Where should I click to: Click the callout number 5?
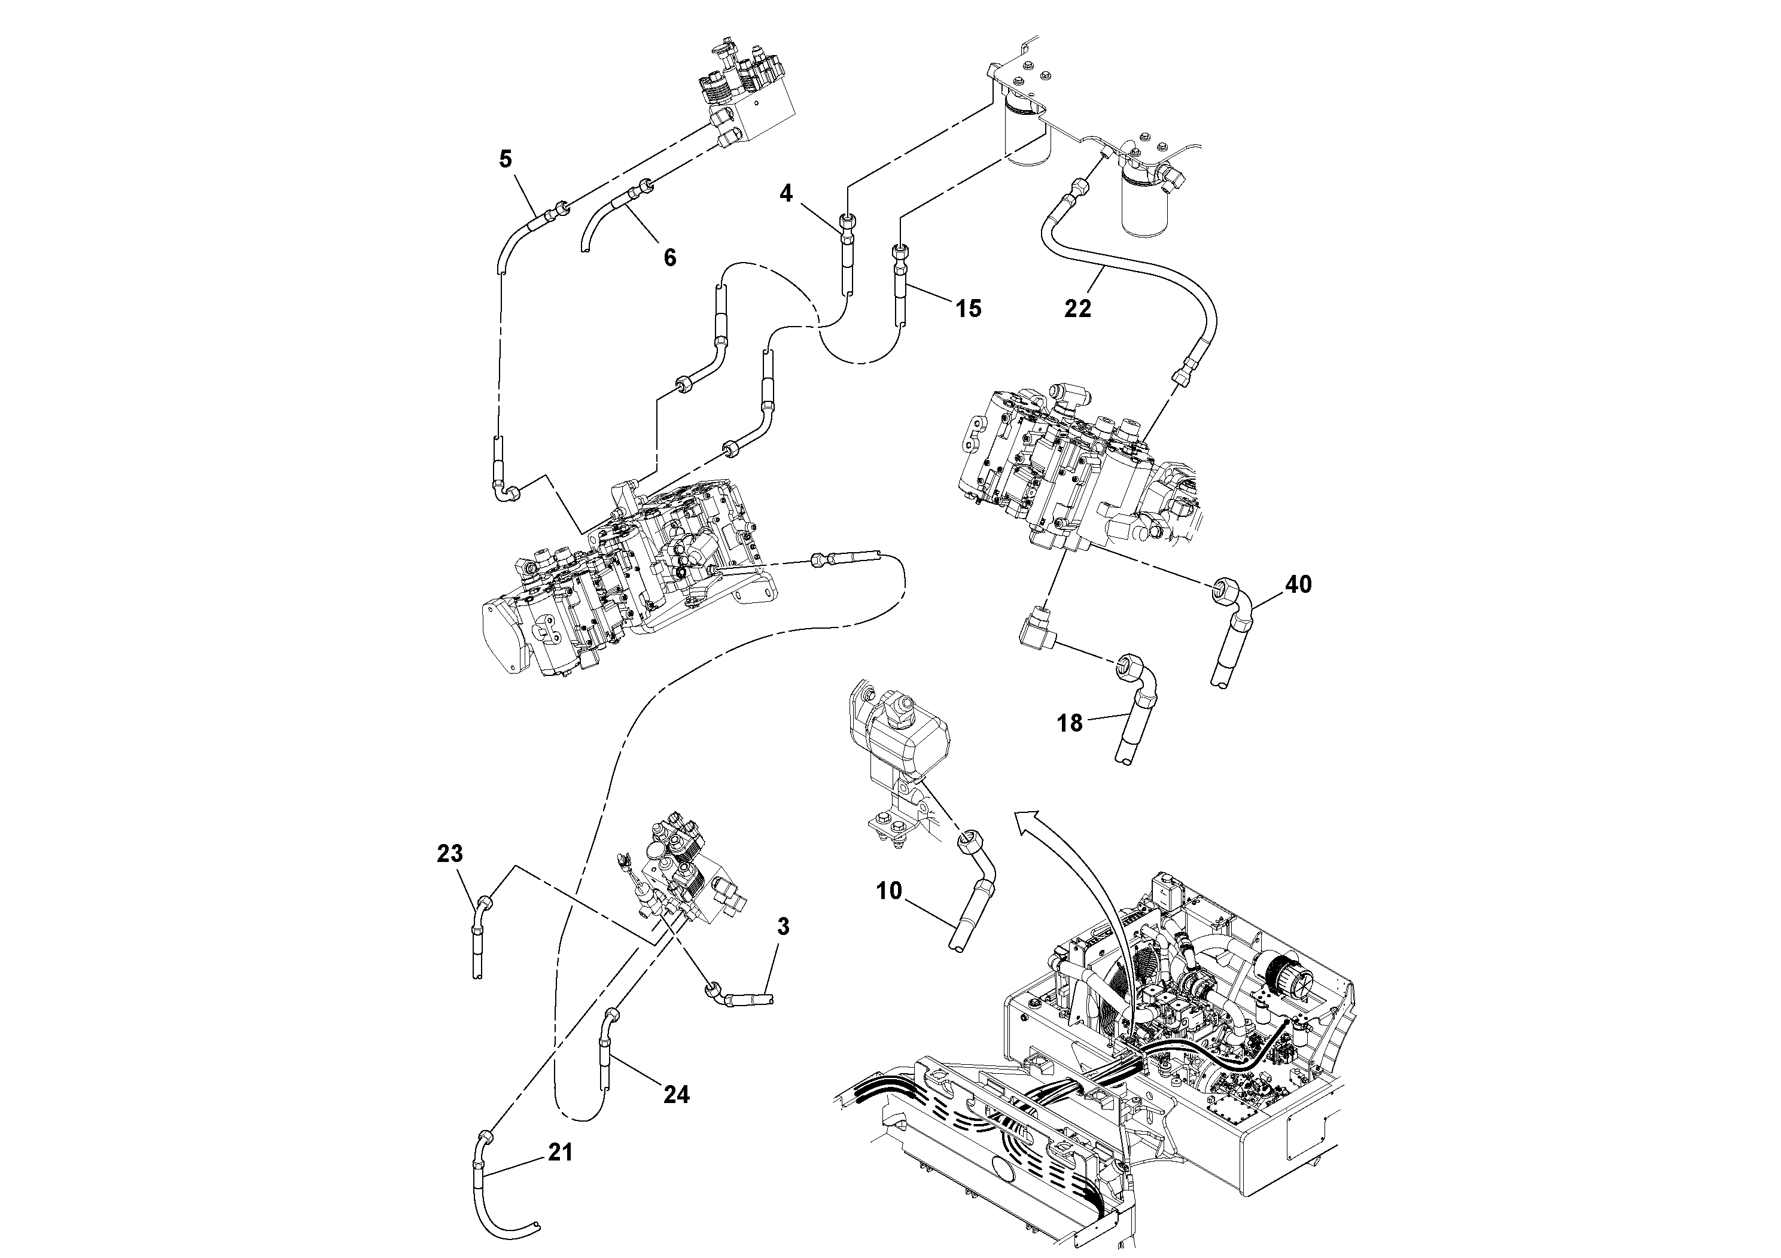click(505, 160)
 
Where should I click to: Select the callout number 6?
click(669, 257)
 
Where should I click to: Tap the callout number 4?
click(786, 193)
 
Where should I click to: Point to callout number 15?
click(968, 309)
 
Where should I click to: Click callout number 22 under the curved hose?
click(1077, 309)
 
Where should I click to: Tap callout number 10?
click(889, 891)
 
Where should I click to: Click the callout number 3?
click(783, 926)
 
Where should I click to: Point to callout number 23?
click(450, 854)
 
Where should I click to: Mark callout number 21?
click(560, 1153)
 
